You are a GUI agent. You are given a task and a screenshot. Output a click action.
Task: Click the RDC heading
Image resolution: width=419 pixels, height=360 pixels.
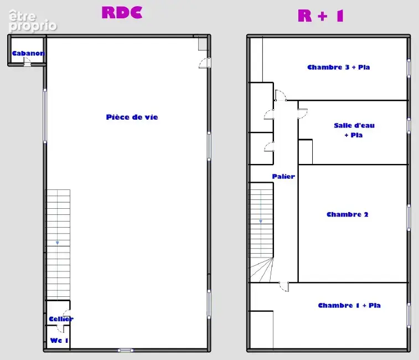pos(122,13)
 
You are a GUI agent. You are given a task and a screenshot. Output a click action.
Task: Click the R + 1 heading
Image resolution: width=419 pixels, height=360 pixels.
pos(320,16)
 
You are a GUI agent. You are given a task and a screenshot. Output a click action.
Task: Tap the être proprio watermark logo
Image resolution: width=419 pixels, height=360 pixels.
pos(33,21)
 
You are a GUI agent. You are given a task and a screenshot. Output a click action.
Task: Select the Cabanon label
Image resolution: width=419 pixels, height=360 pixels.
pos(28,53)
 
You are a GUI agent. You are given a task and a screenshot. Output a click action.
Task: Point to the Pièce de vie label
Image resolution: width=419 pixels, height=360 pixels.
pos(132,117)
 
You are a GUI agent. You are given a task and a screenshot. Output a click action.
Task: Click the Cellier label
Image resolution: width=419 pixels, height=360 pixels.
pos(61,319)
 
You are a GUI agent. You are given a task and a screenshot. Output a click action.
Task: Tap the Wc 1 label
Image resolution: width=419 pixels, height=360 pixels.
pos(59,341)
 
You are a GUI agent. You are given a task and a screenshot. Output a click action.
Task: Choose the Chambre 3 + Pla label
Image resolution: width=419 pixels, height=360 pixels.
pos(339,67)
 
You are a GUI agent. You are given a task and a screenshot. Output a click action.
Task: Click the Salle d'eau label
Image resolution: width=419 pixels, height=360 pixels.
pos(354,125)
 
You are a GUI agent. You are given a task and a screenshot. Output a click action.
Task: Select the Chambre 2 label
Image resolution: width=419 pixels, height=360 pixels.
pos(348,214)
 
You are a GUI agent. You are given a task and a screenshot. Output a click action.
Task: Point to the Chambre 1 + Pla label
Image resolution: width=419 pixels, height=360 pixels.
pos(349,305)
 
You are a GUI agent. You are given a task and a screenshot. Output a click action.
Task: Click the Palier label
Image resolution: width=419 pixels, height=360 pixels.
pos(283,177)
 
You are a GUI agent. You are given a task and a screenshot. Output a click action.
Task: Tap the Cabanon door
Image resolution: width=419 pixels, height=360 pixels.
pos(27,62)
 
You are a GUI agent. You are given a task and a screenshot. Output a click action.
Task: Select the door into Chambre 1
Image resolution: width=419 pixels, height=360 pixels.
pos(284,287)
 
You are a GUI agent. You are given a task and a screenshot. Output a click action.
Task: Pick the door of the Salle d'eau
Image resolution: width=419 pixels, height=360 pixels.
pos(303,114)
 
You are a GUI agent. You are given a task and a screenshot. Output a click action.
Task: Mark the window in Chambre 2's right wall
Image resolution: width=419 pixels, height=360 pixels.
pos(408,217)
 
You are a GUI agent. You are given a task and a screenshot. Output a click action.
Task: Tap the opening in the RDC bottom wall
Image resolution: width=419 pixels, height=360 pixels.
pos(125,350)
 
